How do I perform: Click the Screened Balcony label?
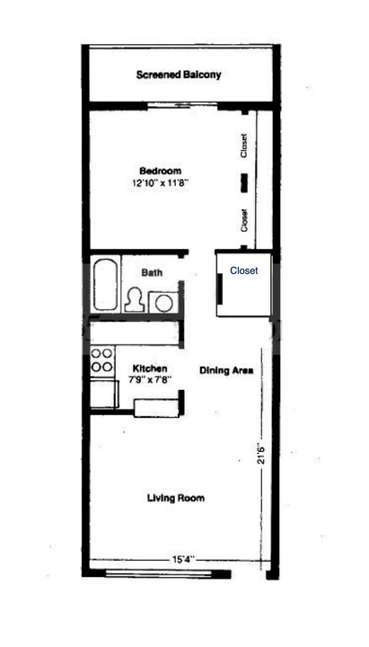coord(179,75)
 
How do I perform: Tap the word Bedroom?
coord(160,171)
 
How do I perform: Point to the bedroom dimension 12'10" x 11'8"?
coord(158,182)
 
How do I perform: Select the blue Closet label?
coord(244,270)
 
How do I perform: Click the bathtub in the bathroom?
coord(105,285)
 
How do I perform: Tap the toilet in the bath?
coord(135,299)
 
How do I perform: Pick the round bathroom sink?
coord(163,303)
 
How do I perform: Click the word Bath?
coord(152,273)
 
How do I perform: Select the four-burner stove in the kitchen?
coord(102,359)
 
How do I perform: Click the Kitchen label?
coord(150,368)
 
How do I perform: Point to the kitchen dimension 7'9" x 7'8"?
coord(150,379)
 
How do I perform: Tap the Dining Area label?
coord(226,370)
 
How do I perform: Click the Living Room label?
coord(176,498)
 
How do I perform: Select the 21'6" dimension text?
coord(260,454)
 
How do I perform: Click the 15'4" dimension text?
coord(181,560)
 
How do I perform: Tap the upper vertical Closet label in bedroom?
coord(244,146)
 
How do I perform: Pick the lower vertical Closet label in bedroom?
coord(244,220)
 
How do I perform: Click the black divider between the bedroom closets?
coord(244,182)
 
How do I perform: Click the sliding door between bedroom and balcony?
coord(182,106)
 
